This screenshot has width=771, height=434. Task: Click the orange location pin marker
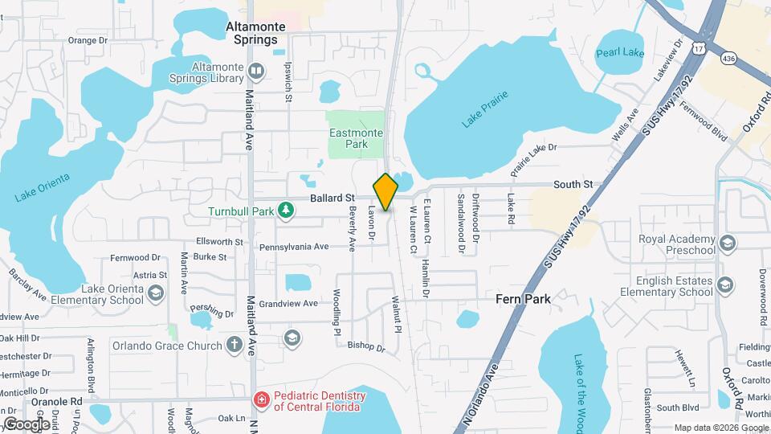385,192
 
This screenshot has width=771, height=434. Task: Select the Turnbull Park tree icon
285,211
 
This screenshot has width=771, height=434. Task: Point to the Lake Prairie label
487,113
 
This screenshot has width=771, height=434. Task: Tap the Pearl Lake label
620,53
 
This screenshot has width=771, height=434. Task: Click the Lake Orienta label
43,186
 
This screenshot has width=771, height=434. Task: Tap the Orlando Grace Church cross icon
234,346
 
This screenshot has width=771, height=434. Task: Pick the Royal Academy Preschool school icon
726,243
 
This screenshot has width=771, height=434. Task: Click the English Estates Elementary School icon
725,285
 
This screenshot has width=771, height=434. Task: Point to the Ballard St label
333,198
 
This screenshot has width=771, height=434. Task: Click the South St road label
573,185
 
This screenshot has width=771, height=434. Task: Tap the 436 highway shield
728,58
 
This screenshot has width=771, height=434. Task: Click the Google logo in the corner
27,424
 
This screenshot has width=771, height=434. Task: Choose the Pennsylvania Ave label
294,247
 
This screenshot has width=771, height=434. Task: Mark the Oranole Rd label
57,400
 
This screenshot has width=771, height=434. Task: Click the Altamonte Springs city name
255,32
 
